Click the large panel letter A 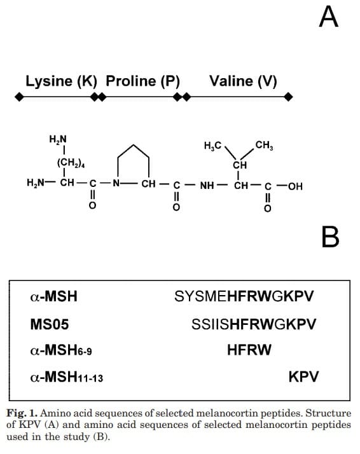tap(328, 17)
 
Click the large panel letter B tap(331, 237)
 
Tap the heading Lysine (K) tap(62, 81)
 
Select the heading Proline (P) tap(142, 81)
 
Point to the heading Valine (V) tap(243, 81)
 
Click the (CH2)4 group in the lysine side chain tap(71, 163)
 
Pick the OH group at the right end tap(295, 186)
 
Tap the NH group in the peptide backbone tap(207, 185)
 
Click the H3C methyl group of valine tap(213, 146)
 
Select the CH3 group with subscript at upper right tap(264, 145)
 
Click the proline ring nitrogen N tap(116, 183)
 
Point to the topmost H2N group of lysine tap(58, 139)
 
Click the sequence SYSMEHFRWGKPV tap(244, 296)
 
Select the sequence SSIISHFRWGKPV tap(254, 324)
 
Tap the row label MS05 tap(50, 324)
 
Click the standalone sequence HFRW tap(249, 350)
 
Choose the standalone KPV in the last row tap(303, 376)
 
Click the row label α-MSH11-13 tap(67, 377)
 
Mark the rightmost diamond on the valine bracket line tap(288, 97)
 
